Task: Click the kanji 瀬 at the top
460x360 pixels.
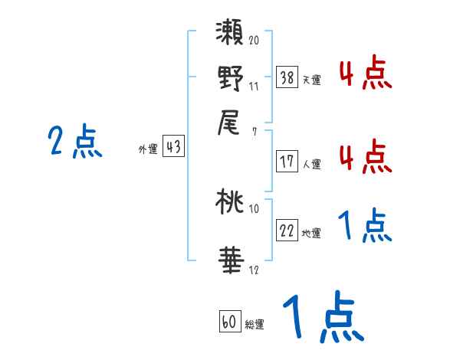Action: (x=231, y=37)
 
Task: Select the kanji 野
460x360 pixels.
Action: (x=231, y=79)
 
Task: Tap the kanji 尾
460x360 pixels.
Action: (x=231, y=121)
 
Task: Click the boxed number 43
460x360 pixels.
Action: (x=173, y=148)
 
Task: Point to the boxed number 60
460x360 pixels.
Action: (x=228, y=322)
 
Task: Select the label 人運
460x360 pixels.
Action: (x=312, y=164)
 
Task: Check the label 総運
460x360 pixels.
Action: (x=254, y=325)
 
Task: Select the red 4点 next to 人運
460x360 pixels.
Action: (x=365, y=156)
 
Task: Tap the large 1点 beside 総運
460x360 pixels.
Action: (x=323, y=318)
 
